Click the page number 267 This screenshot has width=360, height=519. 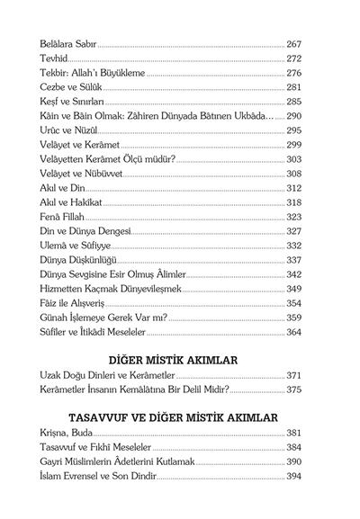tap(298, 42)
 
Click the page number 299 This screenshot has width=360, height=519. tap(298, 144)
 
